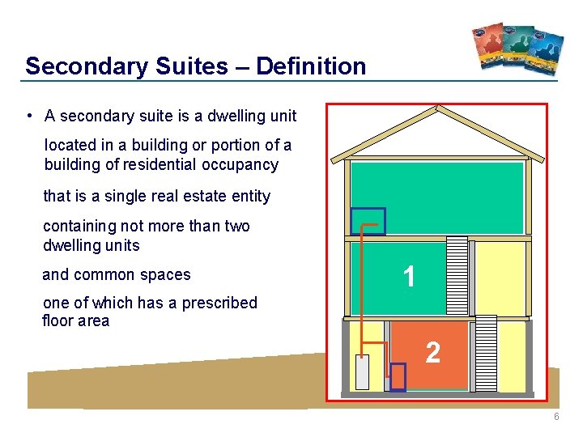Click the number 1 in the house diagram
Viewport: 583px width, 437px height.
(410, 278)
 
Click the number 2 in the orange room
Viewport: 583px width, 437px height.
(433, 352)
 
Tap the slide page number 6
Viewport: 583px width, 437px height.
(556, 417)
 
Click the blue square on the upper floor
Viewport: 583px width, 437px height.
(368, 221)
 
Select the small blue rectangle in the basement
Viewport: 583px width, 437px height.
(398, 377)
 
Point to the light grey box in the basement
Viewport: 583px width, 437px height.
(362, 372)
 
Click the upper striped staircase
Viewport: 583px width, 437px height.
(457, 275)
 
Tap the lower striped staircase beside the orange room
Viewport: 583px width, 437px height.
(485, 352)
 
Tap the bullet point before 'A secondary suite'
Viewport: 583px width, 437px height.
(28, 116)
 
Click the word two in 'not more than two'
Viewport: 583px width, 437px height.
(236, 226)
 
